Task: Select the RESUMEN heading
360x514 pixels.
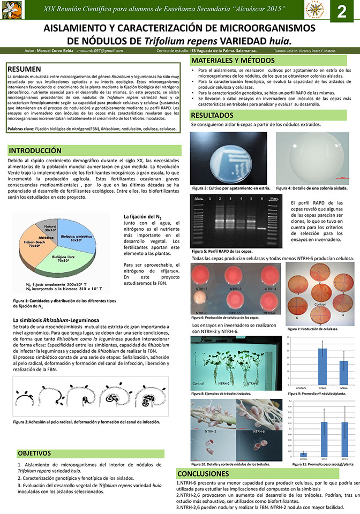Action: coord(25,69)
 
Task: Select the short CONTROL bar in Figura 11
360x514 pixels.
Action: coord(303,454)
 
